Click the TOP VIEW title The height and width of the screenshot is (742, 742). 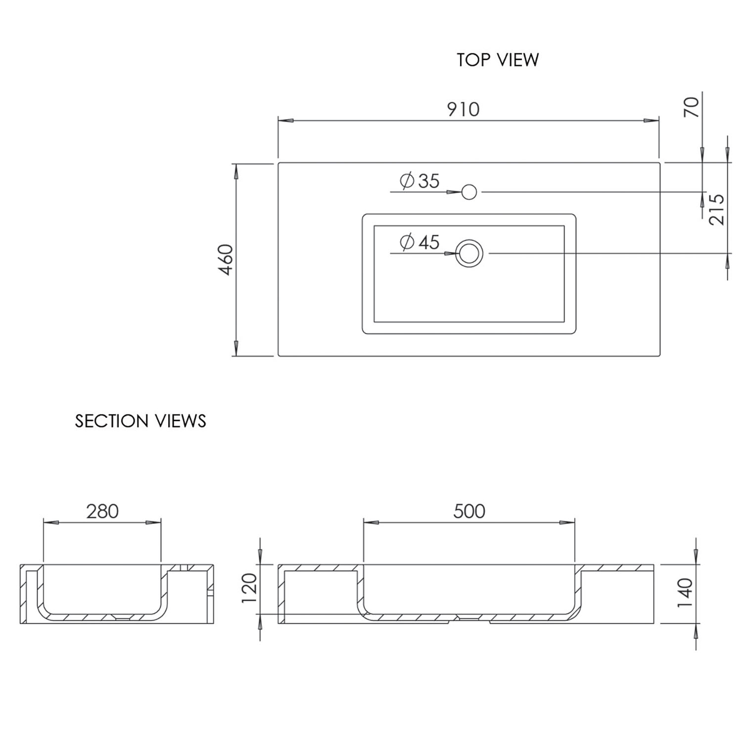[497, 60]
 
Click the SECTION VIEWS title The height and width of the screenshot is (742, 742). [140, 421]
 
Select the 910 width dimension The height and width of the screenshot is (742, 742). [464, 109]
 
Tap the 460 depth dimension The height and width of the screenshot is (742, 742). [226, 260]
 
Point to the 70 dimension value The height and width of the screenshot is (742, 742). [692, 107]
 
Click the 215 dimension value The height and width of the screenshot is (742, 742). [717, 209]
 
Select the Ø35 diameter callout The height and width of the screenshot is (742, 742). [419, 181]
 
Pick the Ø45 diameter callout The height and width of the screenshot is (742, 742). [419, 242]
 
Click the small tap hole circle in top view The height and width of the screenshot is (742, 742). [469, 191]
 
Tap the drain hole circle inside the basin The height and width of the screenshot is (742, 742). [469, 253]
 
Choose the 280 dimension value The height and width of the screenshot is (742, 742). [102, 511]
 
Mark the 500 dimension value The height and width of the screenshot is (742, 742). [469, 511]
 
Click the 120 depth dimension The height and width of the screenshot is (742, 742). [250, 589]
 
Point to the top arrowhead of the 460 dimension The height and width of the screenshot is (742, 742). [236, 171]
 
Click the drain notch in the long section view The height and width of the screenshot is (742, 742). [469, 618]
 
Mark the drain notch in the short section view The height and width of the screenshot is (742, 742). [121, 617]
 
